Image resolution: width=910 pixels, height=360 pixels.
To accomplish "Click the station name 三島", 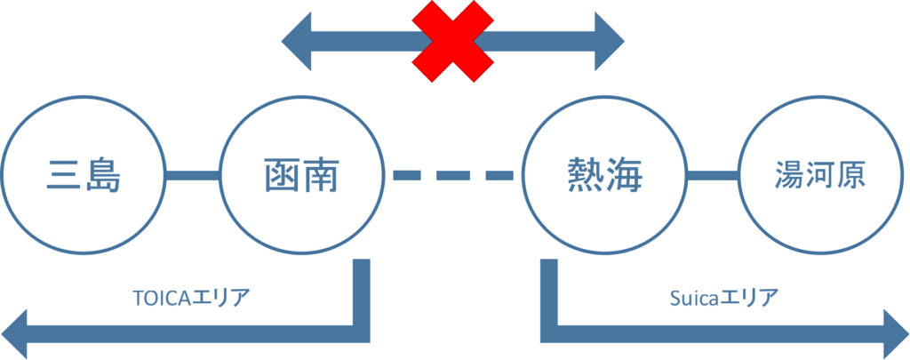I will tap(84, 175).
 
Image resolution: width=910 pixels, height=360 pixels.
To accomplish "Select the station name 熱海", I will tap(604, 175).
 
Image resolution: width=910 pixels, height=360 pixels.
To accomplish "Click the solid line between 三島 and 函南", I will tap(193, 175).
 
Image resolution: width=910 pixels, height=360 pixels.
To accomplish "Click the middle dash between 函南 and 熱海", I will tap(452, 175).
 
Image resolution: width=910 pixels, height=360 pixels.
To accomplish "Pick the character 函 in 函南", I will tap(281, 175).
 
